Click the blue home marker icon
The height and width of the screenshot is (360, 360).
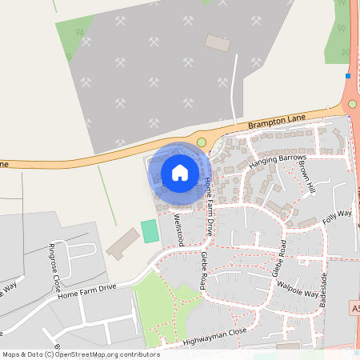(180, 172)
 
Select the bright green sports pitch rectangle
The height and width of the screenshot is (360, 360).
(150, 231)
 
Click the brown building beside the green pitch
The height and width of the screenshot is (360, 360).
(122, 243)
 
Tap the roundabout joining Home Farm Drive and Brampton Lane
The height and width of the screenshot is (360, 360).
(202, 142)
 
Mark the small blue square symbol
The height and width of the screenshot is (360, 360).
(348, 76)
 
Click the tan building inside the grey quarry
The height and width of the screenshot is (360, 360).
(217, 42)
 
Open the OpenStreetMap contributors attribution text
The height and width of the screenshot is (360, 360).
(80, 354)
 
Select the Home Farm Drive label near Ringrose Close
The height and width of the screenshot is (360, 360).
(87, 292)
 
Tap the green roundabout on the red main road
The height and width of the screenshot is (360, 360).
(352, 104)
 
